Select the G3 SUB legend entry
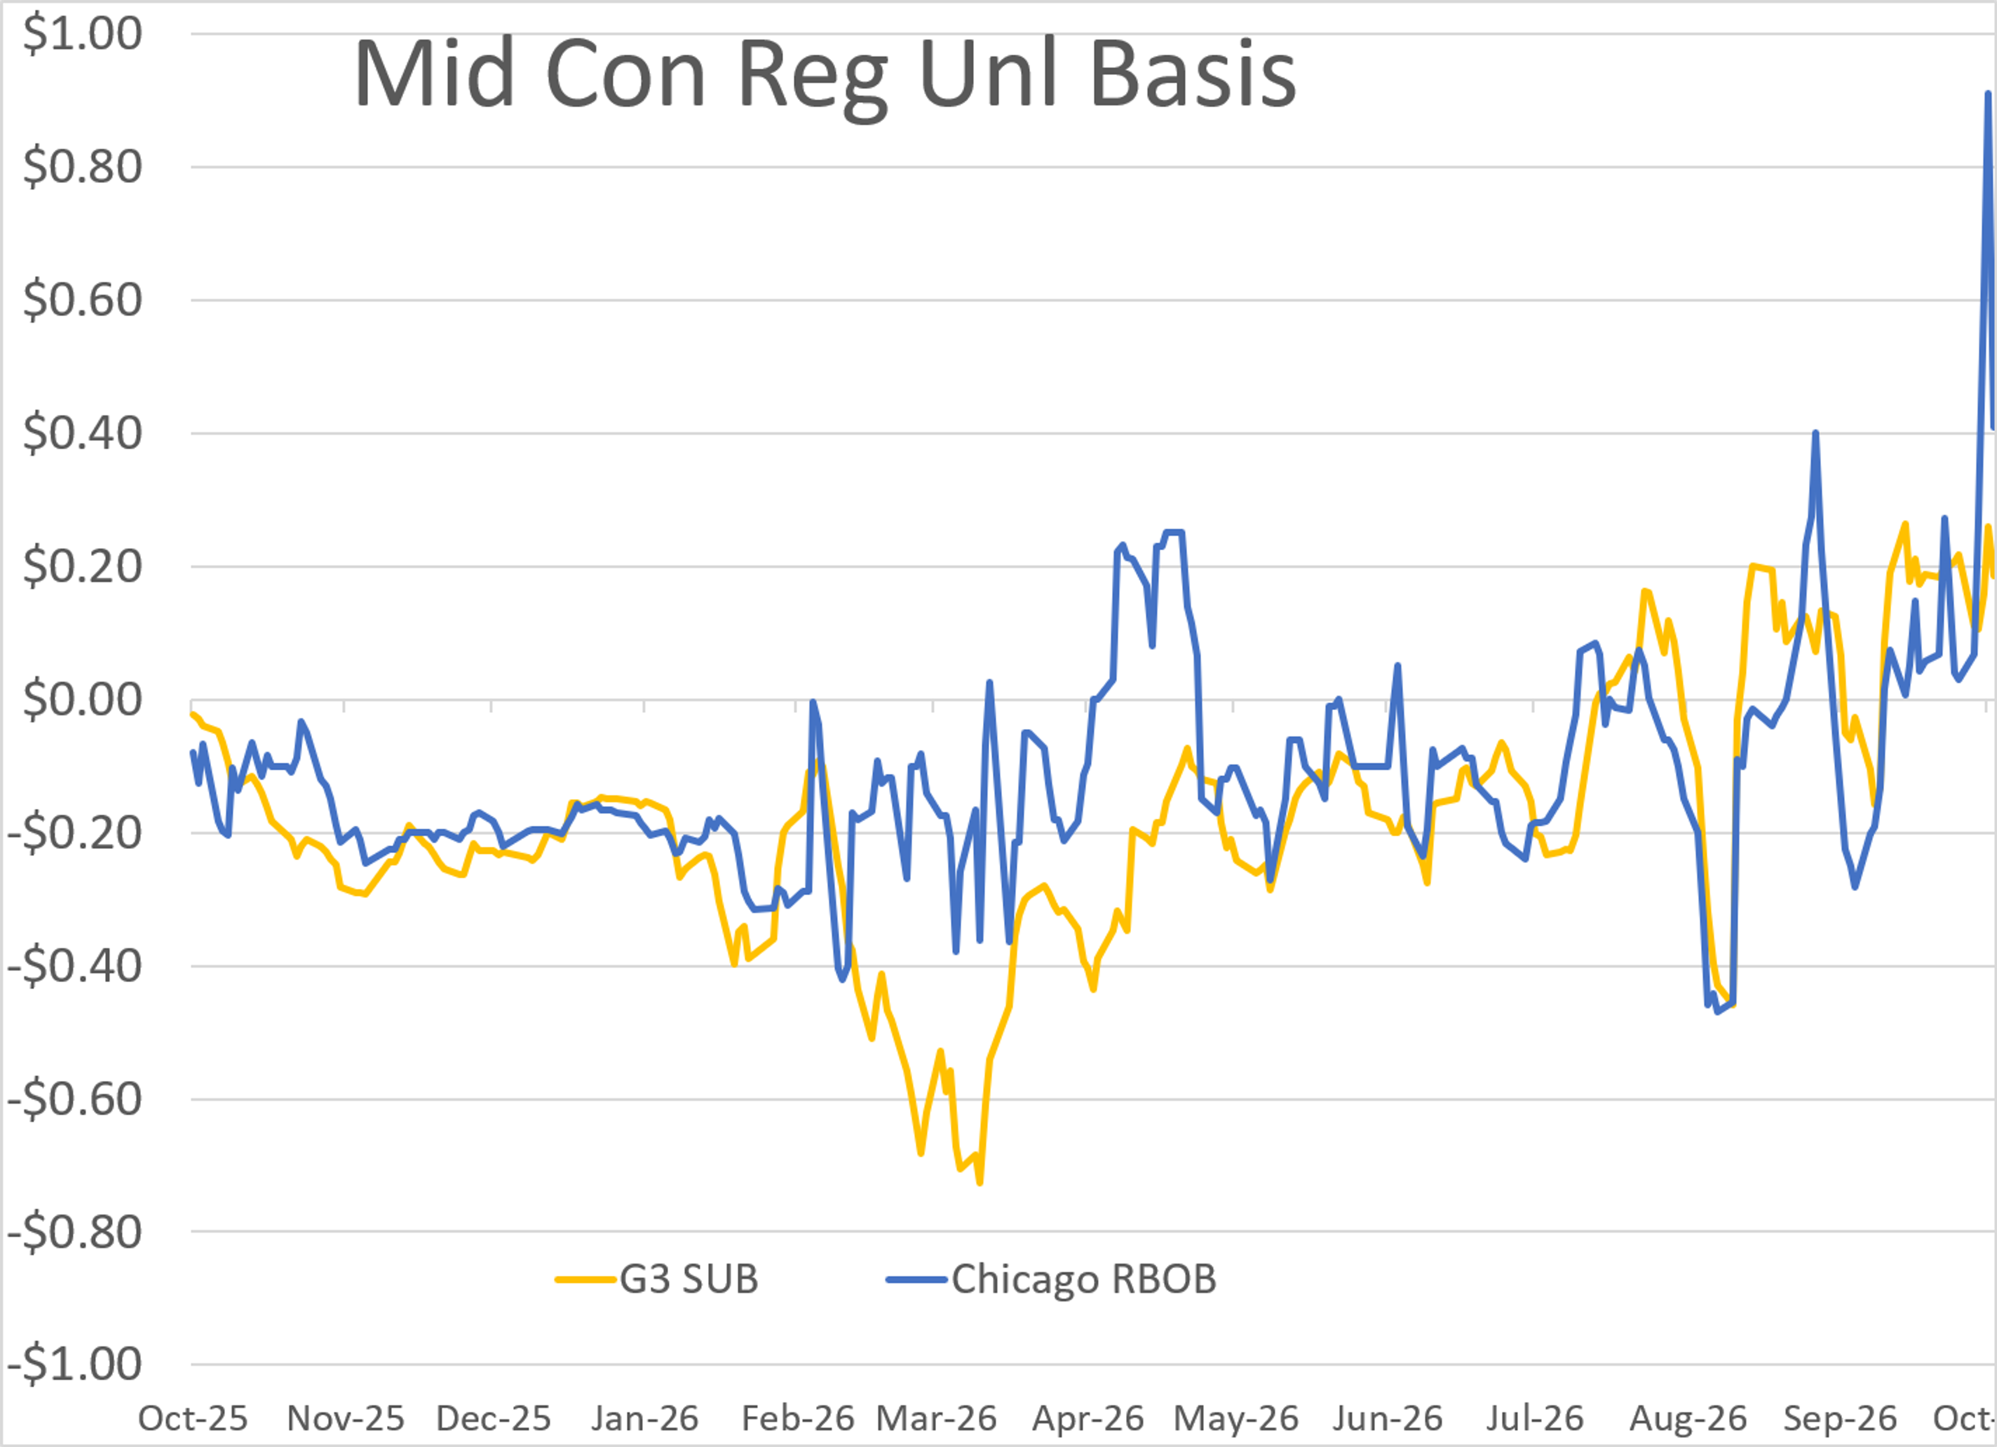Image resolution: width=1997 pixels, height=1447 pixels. click(656, 1279)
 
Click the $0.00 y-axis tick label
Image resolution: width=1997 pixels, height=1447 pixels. click(82, 700)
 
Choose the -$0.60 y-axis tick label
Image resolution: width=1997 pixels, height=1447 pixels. click(75, 1099)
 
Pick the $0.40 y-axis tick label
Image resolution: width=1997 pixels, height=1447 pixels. click(82, 433)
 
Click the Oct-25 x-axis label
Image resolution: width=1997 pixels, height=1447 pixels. click(193, 1418)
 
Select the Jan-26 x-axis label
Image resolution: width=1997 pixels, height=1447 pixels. click(644, 1418)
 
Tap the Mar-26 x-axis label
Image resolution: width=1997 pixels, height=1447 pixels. click(936, 1418)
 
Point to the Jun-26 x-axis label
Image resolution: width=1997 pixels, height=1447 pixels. click(1387, 1418)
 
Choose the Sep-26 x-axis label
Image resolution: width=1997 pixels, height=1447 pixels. click(1839, 1418)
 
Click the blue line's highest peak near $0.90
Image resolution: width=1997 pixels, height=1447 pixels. click(1987, 93)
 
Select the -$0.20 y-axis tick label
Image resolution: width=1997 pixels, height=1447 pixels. click(75, 832)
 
